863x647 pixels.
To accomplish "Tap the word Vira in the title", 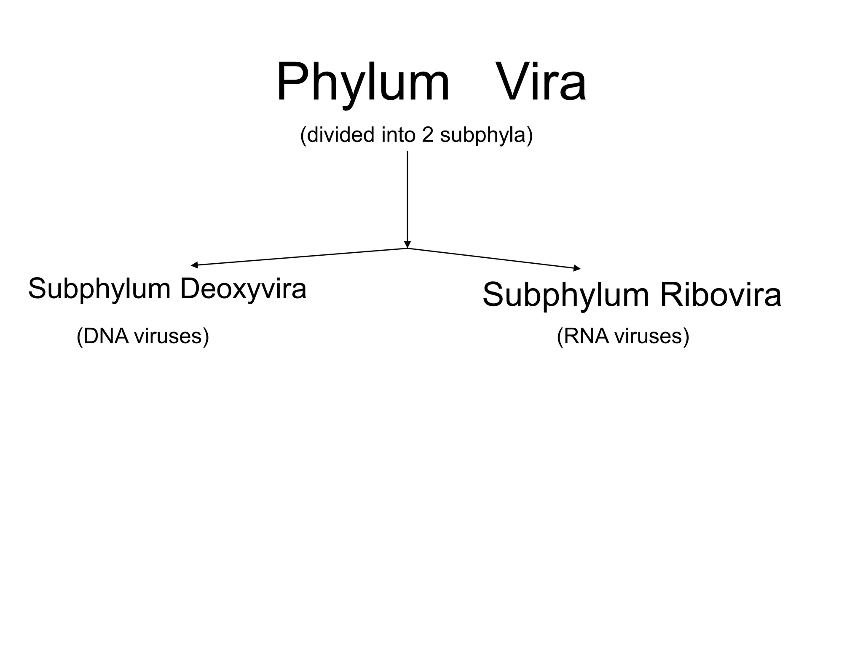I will click(541, 82).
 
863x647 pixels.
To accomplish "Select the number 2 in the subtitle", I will click(427, 135).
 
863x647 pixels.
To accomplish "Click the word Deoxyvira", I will click(243, 290).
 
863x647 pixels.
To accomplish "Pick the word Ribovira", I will click(720, 295).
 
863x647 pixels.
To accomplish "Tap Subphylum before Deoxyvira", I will click(99, 290).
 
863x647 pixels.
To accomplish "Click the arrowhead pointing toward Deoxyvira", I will click(194, 265).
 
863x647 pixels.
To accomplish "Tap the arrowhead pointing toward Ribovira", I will click(577, 268).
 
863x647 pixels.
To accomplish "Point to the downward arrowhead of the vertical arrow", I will click(407, 245).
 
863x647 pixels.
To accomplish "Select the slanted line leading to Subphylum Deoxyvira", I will click(299, 257).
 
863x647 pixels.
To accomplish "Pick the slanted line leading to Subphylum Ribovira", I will click(493, 258).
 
